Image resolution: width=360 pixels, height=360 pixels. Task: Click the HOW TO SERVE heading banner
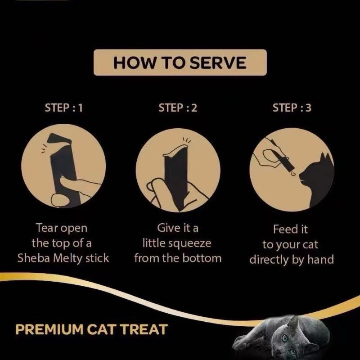tap(180, 62)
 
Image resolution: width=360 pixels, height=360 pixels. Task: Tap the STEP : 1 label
tap(63, 108)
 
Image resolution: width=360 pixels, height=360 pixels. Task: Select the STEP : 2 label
tap(178, 108)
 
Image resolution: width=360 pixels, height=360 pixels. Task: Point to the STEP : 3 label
tap(292, 108)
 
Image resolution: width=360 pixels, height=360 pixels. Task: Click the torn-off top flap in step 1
tap(58, 139)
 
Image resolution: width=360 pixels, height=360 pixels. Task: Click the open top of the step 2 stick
tap(176, 150)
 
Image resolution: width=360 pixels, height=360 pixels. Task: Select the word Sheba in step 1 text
tap(34, 258)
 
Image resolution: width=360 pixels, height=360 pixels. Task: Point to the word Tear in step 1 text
tap(45, 228)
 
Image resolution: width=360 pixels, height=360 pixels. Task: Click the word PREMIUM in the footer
tap(49, 329)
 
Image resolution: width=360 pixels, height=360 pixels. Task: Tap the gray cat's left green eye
tap(285, 338)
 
